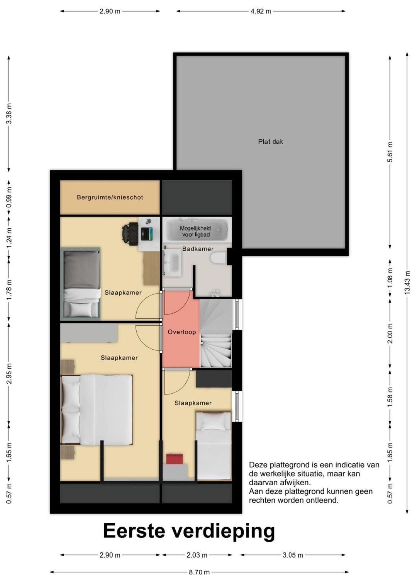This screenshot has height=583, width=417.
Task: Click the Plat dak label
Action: coord(270,141)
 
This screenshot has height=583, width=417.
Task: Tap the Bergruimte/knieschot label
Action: coord(110,197)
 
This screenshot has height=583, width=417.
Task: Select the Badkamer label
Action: coord(198,249)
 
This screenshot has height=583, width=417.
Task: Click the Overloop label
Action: coord(181,332)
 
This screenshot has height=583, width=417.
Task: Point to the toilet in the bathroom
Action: coord(218,258)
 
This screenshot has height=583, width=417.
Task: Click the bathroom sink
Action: coord(172,262)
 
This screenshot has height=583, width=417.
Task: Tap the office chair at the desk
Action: coord(130,234)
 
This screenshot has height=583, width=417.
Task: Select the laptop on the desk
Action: coord(147,234)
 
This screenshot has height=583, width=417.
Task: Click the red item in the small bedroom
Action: coord(174,459)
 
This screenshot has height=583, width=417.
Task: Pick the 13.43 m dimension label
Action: coord(407,283)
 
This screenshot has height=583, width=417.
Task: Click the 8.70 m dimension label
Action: coord(199,572)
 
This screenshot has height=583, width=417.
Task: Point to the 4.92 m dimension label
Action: coord(261,11)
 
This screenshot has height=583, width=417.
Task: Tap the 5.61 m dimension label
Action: coord(390,152)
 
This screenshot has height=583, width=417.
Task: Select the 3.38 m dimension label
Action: coord(9,114)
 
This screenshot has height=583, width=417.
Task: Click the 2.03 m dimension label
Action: coord(197,555)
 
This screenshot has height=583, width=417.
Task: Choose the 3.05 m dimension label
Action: coord(293,555)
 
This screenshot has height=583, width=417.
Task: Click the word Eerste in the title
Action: coord(134,530)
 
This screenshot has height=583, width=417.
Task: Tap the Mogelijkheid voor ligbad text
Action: coord(195,231)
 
